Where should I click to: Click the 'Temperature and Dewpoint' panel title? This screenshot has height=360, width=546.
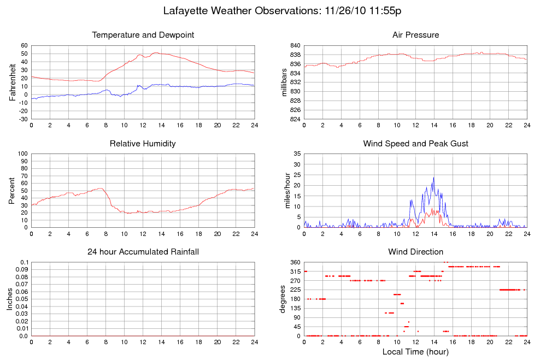point(143,35)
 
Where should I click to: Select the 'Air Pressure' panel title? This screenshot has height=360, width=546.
point(415,35)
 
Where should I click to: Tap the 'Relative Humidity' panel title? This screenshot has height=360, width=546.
point(143,144)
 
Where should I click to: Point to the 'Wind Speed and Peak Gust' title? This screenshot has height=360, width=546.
point(415,144)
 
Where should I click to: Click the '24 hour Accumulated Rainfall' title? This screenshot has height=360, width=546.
point(143,252)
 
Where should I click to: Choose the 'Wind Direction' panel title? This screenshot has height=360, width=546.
point(415,252)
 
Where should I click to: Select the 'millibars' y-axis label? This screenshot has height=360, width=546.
point(284,82)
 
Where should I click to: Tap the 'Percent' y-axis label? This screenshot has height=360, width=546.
point(12,191)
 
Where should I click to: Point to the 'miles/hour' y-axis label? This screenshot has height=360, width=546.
point(284,191)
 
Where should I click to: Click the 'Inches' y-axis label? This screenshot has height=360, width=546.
point(10,299)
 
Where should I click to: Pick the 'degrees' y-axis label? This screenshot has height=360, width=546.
point(283,299)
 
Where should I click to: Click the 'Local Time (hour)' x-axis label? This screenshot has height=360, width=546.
point(415,352)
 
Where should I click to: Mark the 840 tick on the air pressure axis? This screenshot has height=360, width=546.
point(295,46)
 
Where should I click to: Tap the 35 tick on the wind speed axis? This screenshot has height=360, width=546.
point(297,154)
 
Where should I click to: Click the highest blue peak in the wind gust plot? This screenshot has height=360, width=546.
point(434,178)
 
